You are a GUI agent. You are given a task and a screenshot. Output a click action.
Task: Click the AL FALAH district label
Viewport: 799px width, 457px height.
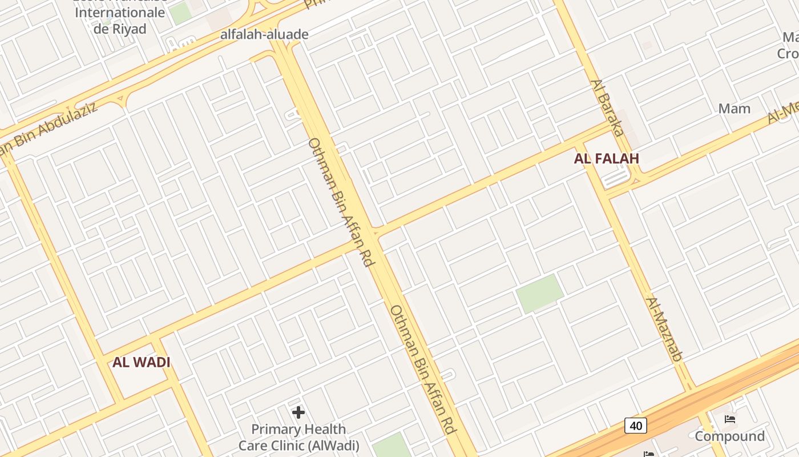(x=606, y=159)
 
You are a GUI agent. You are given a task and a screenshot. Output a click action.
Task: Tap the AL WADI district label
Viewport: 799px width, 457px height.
(x=141, y=362)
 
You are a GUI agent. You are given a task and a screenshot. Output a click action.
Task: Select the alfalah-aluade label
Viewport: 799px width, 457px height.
(x=264, y=34)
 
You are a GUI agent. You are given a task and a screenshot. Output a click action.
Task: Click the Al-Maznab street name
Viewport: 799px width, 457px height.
(x=664, y=329)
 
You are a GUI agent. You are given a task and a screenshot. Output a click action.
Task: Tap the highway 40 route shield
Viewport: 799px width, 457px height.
(x=635, y=426)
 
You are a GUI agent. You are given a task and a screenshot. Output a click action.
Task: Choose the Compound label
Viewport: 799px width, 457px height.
(x=729, y=436)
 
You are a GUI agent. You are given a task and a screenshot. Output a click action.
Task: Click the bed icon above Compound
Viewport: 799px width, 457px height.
(x=729, y=419)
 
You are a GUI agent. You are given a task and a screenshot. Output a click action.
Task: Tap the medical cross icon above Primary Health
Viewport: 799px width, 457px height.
(x=298, y=412)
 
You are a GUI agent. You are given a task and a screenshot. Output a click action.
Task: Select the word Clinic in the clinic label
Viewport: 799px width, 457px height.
(x=292, y=446)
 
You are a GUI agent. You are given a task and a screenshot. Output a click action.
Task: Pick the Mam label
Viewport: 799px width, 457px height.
(x=734, y=109)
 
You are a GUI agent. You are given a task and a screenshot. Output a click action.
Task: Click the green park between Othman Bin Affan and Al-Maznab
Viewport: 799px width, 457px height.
(x=539, y=293)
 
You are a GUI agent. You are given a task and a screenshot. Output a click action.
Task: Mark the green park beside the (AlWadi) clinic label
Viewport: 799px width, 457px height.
(x=392, y=445)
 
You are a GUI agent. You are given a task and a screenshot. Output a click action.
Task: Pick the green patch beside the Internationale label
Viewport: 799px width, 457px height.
(x=181, y=13)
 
